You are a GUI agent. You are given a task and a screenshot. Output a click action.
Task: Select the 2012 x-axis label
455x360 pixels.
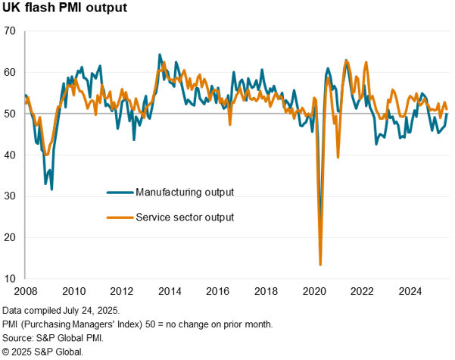pyautogui.click(x=121, y=291)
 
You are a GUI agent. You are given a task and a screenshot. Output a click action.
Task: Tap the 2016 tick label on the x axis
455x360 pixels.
pyautogui.click(x=218, y=291)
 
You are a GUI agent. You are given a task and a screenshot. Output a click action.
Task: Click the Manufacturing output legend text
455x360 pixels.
pyautogui.click(x=184, y=190)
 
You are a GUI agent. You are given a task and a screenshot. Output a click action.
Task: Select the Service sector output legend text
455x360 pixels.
pyautogui.click(x=184, y=218)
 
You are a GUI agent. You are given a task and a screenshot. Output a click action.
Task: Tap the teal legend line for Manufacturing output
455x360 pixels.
pyautogui.click(x=118, y=191)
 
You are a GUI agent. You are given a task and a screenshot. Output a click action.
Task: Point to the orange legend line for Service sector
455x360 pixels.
pyautogui.click(x=118, y=218)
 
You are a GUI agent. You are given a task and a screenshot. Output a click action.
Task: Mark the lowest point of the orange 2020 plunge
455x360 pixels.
pyautogui.click(x=320, y=265)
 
